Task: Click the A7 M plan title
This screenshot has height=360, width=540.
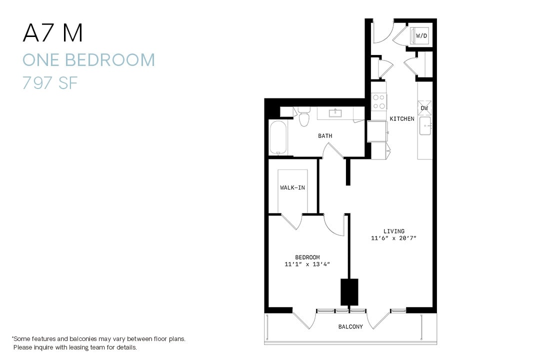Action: (52, 33)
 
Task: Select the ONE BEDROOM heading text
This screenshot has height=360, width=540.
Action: (88, 60)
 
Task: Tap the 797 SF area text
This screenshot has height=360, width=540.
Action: (50, 82)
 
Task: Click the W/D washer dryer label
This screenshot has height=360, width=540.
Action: (421, 36)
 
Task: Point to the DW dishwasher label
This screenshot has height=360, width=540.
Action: (424, 108)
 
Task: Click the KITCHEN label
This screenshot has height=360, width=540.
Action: (402, 119)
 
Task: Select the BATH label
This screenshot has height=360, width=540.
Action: (325, 136)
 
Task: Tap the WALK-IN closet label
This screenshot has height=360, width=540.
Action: (292, 188)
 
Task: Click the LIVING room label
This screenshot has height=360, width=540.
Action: (394, 231)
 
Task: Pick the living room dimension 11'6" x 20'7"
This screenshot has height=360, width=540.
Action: (394, 238)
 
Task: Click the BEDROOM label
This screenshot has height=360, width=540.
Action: (307, 257)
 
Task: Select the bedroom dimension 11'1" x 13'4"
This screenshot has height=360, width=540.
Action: (307, 264)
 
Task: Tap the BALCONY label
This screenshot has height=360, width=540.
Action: (350, 327)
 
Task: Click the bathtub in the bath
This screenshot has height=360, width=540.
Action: (278, 137)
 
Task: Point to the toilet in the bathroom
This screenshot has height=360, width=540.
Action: (303, 118)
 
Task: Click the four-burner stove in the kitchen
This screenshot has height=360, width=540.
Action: (379, 102)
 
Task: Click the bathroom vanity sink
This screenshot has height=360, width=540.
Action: (335, 113)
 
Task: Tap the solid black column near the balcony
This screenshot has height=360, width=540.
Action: (349, 292)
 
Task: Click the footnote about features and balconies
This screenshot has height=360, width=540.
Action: (98, 342)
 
